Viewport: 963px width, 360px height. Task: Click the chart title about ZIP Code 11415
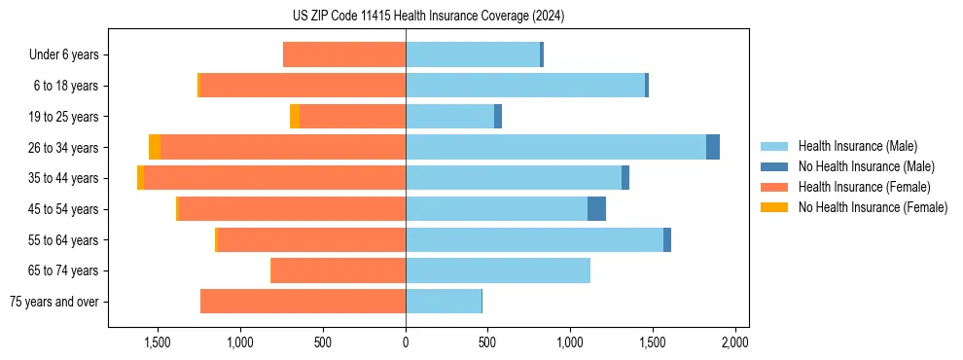pyautogui.click(x=428, y=17)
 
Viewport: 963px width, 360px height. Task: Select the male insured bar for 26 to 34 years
pyautogui.click(x=555, y=147)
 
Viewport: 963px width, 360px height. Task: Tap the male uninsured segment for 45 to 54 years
pyautogui.click(x=596, y=208)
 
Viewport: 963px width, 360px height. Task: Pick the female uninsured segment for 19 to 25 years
pyautogui.click(x=294, y=117)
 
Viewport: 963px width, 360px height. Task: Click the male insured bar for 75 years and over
pyautogui.click(x=443, y=302)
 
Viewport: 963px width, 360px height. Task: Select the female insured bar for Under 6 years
pyautogui.click(x=344, y=54)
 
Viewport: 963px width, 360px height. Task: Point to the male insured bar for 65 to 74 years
pyautogui.click(x=498, y=270)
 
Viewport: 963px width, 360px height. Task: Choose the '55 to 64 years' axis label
pyautogui.click(x=66, y=240)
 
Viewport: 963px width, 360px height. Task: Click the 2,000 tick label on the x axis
pyautogui.click(x=734, y=342)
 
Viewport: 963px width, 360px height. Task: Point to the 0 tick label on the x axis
pyautogui.click(x=406, y=342)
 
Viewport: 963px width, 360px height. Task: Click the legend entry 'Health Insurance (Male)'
pyautogui.click(x=857, y=146)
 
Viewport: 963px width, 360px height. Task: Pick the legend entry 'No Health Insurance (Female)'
pyautogui.click(x=873, y=207)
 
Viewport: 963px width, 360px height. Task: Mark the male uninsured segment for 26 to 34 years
pyautogui.click(x=713, y=147)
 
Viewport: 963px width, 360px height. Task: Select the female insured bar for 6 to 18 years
pyautogui.click(x=303, y=86)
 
